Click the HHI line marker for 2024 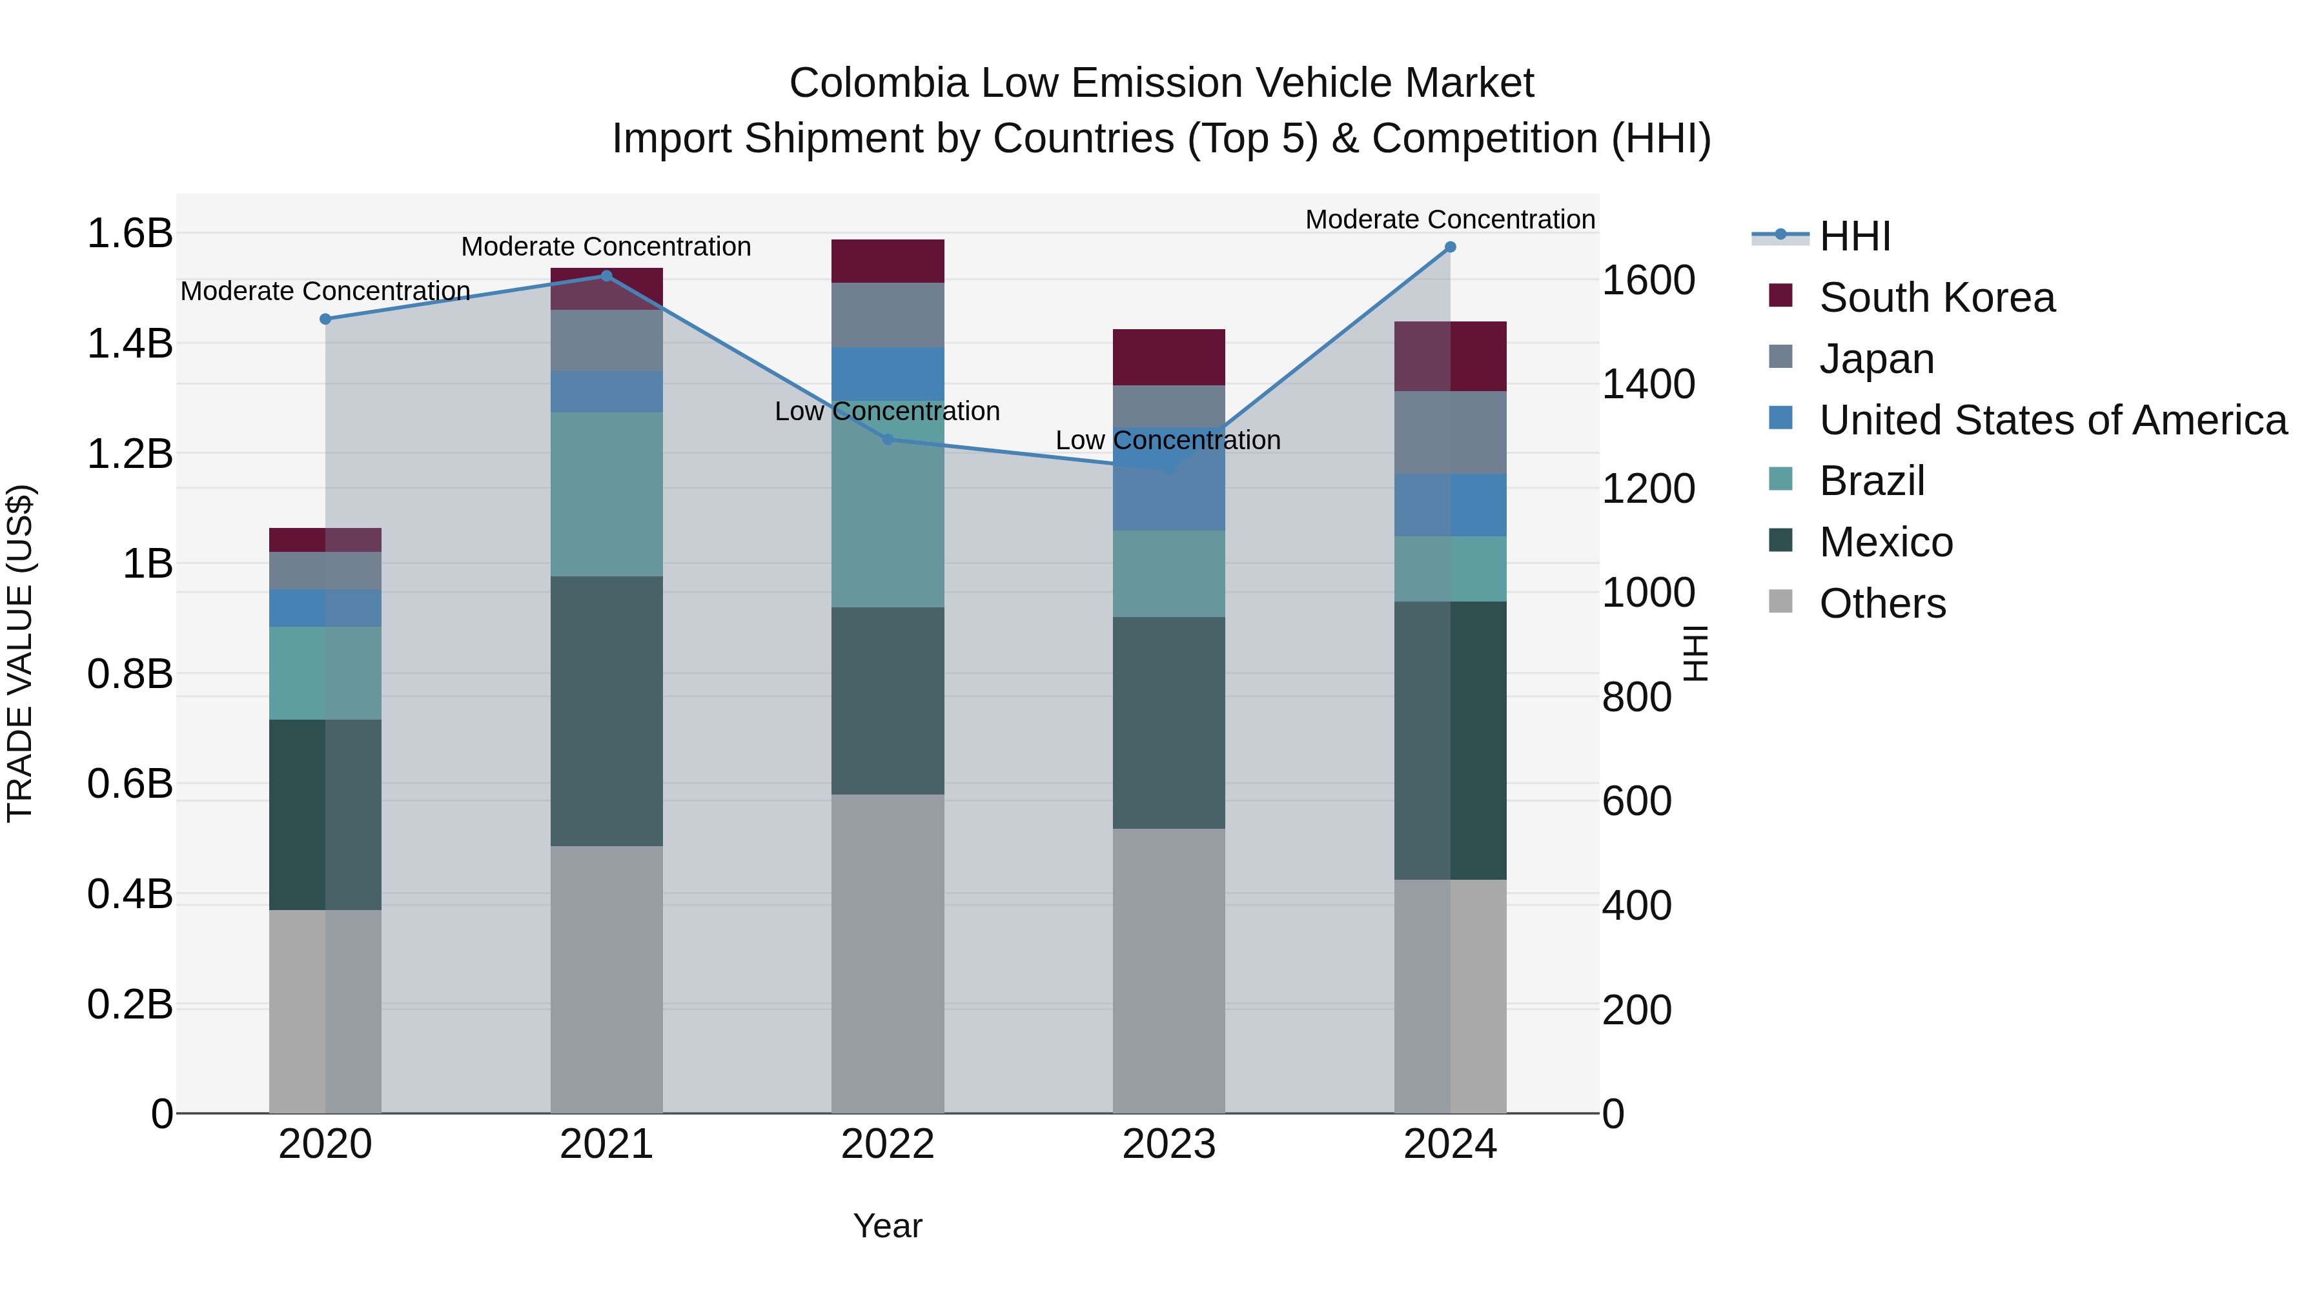point(1450,247)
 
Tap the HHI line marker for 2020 point(326,319)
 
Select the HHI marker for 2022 point(888,440)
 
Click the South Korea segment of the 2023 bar point(1168,357)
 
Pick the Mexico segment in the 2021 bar point(606,711)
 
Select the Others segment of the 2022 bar point(888,953)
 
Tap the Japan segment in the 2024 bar point(1450,432)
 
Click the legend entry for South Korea point(1936,298)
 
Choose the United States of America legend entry point(2052,420)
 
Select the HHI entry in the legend point(1854,236)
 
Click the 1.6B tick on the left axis point(129,234)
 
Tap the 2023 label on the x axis point(1168,1144)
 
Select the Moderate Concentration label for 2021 point(606,247)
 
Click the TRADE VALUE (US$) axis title point(20,653)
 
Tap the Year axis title point(888,1226)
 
